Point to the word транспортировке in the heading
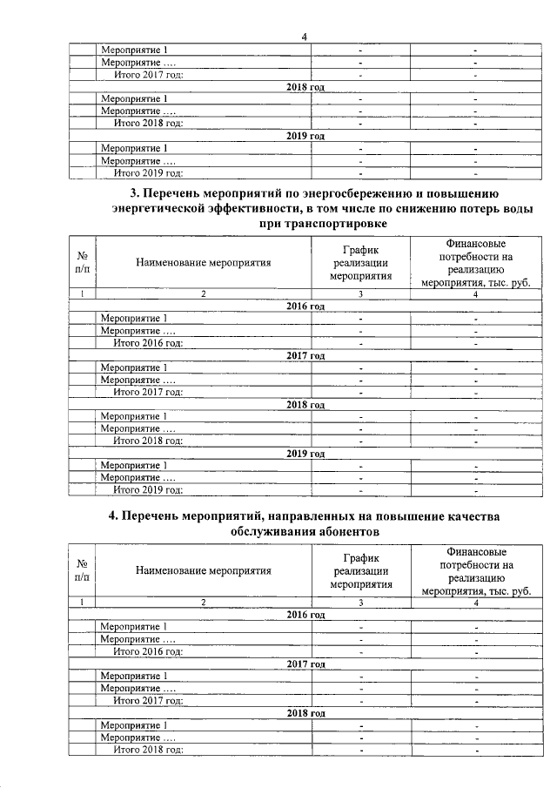(336, 224)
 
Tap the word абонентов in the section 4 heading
(337, 530)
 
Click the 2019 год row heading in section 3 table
(305, 454)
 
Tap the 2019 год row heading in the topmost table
(305, 136)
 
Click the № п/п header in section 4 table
(81, 570)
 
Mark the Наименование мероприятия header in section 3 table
(203, 262)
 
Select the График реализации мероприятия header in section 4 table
(360, 570)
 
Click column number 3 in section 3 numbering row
(360, 294)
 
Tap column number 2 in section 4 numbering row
(203, 602)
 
